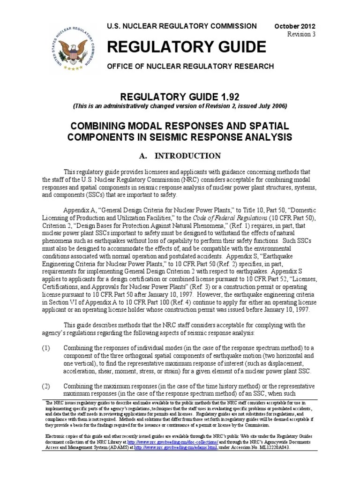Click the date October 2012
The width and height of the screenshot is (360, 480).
(295, 26)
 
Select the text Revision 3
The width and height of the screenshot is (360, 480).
(301, 35)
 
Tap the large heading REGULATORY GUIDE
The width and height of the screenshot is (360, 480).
(187, 47)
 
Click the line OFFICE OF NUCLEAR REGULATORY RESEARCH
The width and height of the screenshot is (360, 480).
(190, 67)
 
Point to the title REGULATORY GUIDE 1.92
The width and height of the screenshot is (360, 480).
(180, 97)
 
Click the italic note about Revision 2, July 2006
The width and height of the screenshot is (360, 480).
(180, 106)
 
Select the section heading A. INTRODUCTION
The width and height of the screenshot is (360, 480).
(180, 156)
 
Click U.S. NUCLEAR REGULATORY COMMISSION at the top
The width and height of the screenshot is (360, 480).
(182, 26)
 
